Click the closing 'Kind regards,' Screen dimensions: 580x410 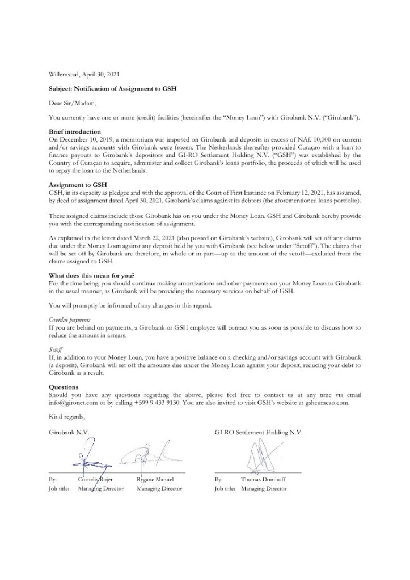click(67, 417)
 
